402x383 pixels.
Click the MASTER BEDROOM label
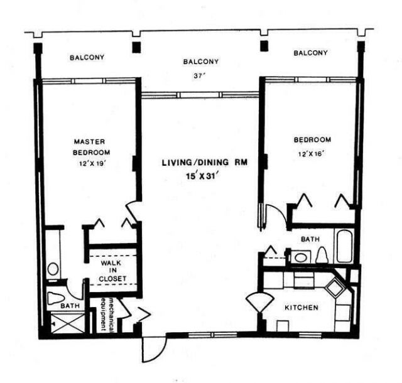[91, 147]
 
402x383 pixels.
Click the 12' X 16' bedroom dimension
[312, 153]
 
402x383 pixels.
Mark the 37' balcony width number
[200, 77]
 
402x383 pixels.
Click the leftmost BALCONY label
[86, 58]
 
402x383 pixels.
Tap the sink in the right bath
[300, 257]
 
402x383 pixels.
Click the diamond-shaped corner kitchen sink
[337, 288]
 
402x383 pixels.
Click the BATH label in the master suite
[68, 306]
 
